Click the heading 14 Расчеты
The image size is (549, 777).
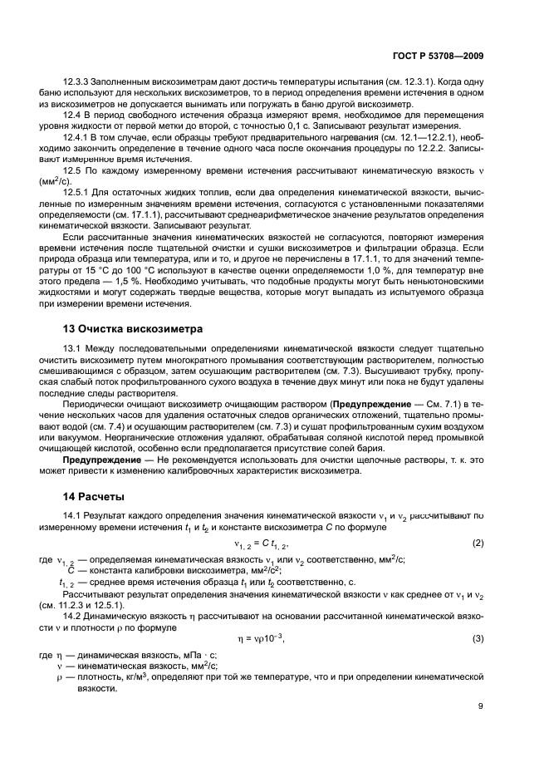(93, 496)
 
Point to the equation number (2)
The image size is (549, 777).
(478, 542)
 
